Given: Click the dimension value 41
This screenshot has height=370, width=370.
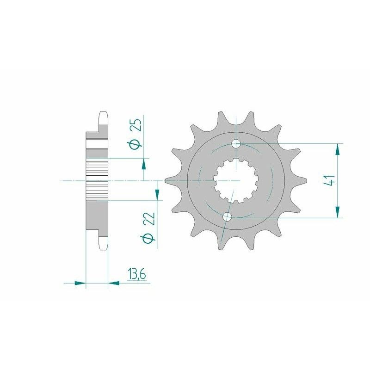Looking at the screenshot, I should (329, 180).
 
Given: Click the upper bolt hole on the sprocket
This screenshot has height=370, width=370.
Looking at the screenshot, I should (236, 143).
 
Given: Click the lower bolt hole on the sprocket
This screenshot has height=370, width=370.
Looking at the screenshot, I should (227, 216).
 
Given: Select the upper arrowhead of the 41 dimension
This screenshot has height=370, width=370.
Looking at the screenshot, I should (339, 149).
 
